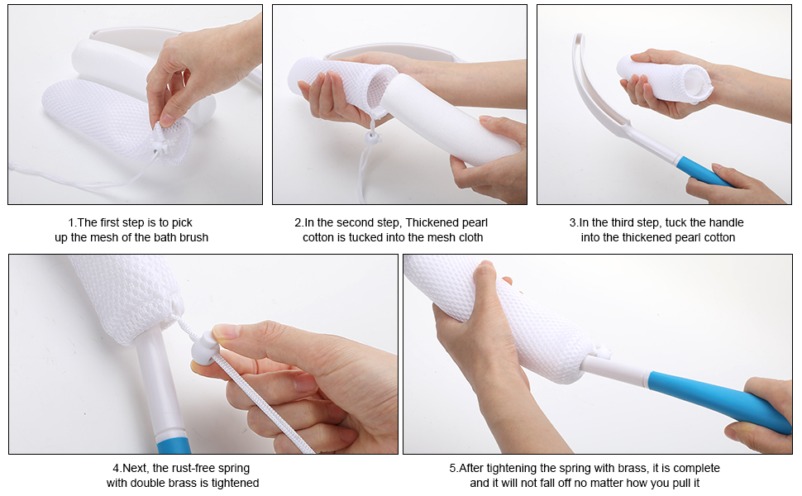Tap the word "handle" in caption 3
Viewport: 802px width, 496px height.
725,223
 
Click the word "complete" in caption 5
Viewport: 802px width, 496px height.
696,469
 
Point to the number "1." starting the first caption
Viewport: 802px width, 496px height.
73,223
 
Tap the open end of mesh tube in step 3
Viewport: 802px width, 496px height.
698,82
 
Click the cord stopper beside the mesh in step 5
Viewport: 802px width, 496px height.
602,351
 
